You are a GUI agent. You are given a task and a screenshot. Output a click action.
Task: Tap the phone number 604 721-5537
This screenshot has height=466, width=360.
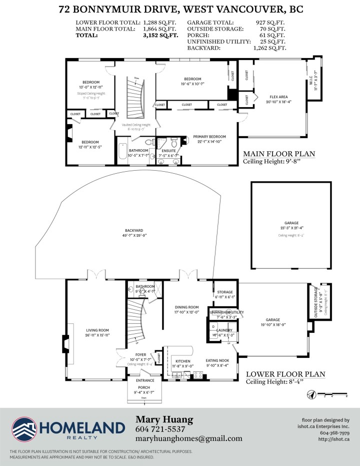tap(160, 429)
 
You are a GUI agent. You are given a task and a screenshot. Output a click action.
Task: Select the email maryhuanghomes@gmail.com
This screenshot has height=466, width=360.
tap(188, 438)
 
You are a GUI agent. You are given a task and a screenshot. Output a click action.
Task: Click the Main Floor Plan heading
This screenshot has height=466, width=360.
tap(278, 154)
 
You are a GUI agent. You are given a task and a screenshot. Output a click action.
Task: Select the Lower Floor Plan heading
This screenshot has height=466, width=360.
tap(285, 374)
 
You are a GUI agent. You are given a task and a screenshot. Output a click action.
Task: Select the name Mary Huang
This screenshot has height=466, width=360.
tap(164, 419)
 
